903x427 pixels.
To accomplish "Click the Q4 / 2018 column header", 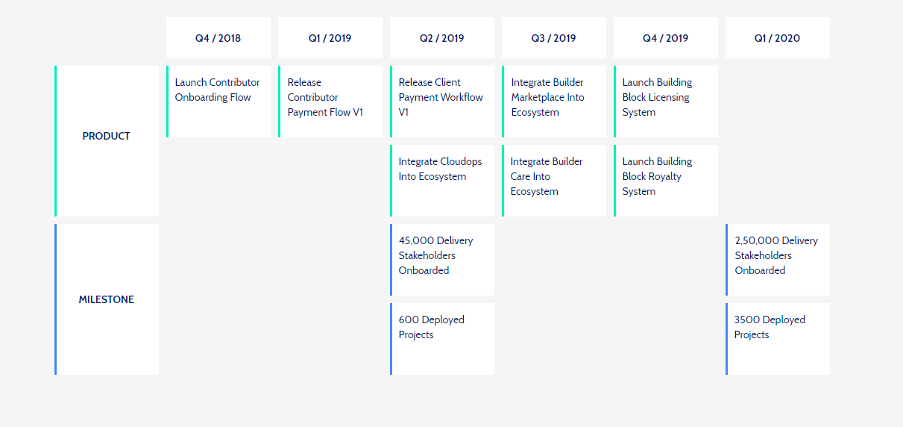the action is (218, 37).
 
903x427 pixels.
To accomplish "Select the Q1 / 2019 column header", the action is (330, 37).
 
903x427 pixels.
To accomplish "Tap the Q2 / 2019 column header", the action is (442, 37).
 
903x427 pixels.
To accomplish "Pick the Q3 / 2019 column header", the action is (554, 37).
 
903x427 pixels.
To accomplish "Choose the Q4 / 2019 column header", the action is (666, 37).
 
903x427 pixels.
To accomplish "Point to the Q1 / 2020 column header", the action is (778, 37).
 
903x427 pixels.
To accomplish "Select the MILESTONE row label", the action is (107, 299).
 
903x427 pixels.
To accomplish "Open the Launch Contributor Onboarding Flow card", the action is (218, 102).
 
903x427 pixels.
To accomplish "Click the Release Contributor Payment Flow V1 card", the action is (330, 102).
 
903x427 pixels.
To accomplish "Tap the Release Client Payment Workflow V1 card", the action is (442, 102).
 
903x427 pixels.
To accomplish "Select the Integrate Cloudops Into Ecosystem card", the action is (442, 181).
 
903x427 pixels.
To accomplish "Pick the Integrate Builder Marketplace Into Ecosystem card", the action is (554, 102).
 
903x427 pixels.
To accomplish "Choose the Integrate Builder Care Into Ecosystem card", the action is (554, 181).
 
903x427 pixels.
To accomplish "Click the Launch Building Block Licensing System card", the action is (666, 102).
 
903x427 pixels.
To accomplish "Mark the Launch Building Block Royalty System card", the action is (666, 181).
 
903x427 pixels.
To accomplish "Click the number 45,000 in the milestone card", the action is (416, 240).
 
